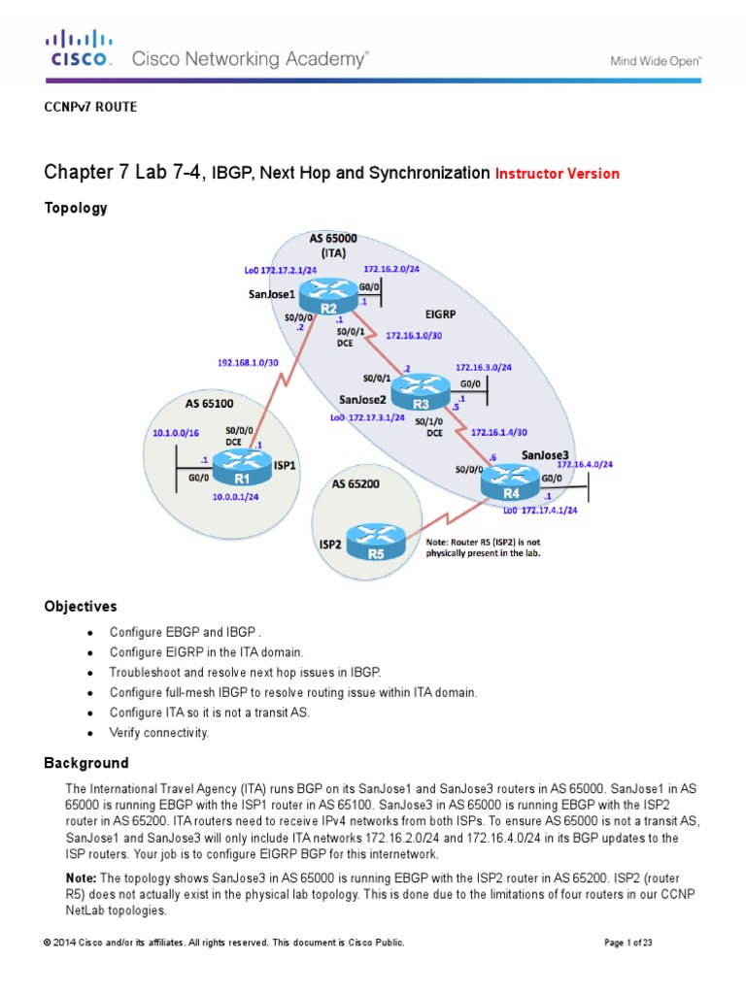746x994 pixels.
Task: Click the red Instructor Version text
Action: point(557,175)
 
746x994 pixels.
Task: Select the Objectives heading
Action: point(80,607)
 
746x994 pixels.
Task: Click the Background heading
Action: point(85,763)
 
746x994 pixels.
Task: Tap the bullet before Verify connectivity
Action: point(90,732)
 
